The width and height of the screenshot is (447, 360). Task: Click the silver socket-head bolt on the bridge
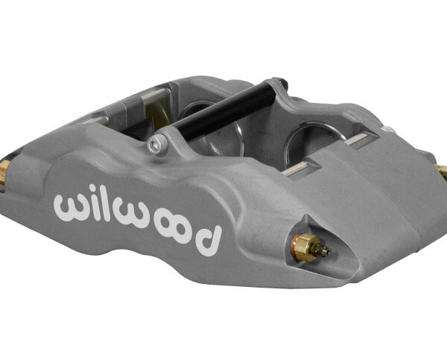click(155, 143)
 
